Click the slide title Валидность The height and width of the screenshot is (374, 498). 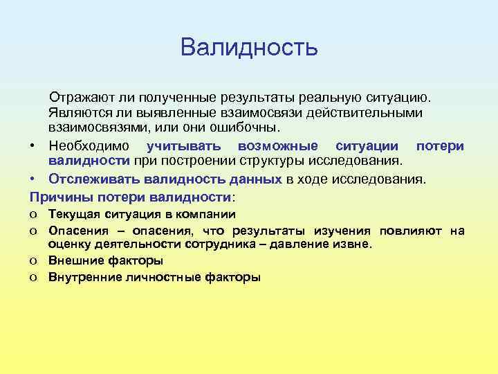(x=249, y=47)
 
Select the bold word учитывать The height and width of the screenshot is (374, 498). (x=184, y=145)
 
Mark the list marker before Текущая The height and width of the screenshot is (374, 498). (x=33, y=215)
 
